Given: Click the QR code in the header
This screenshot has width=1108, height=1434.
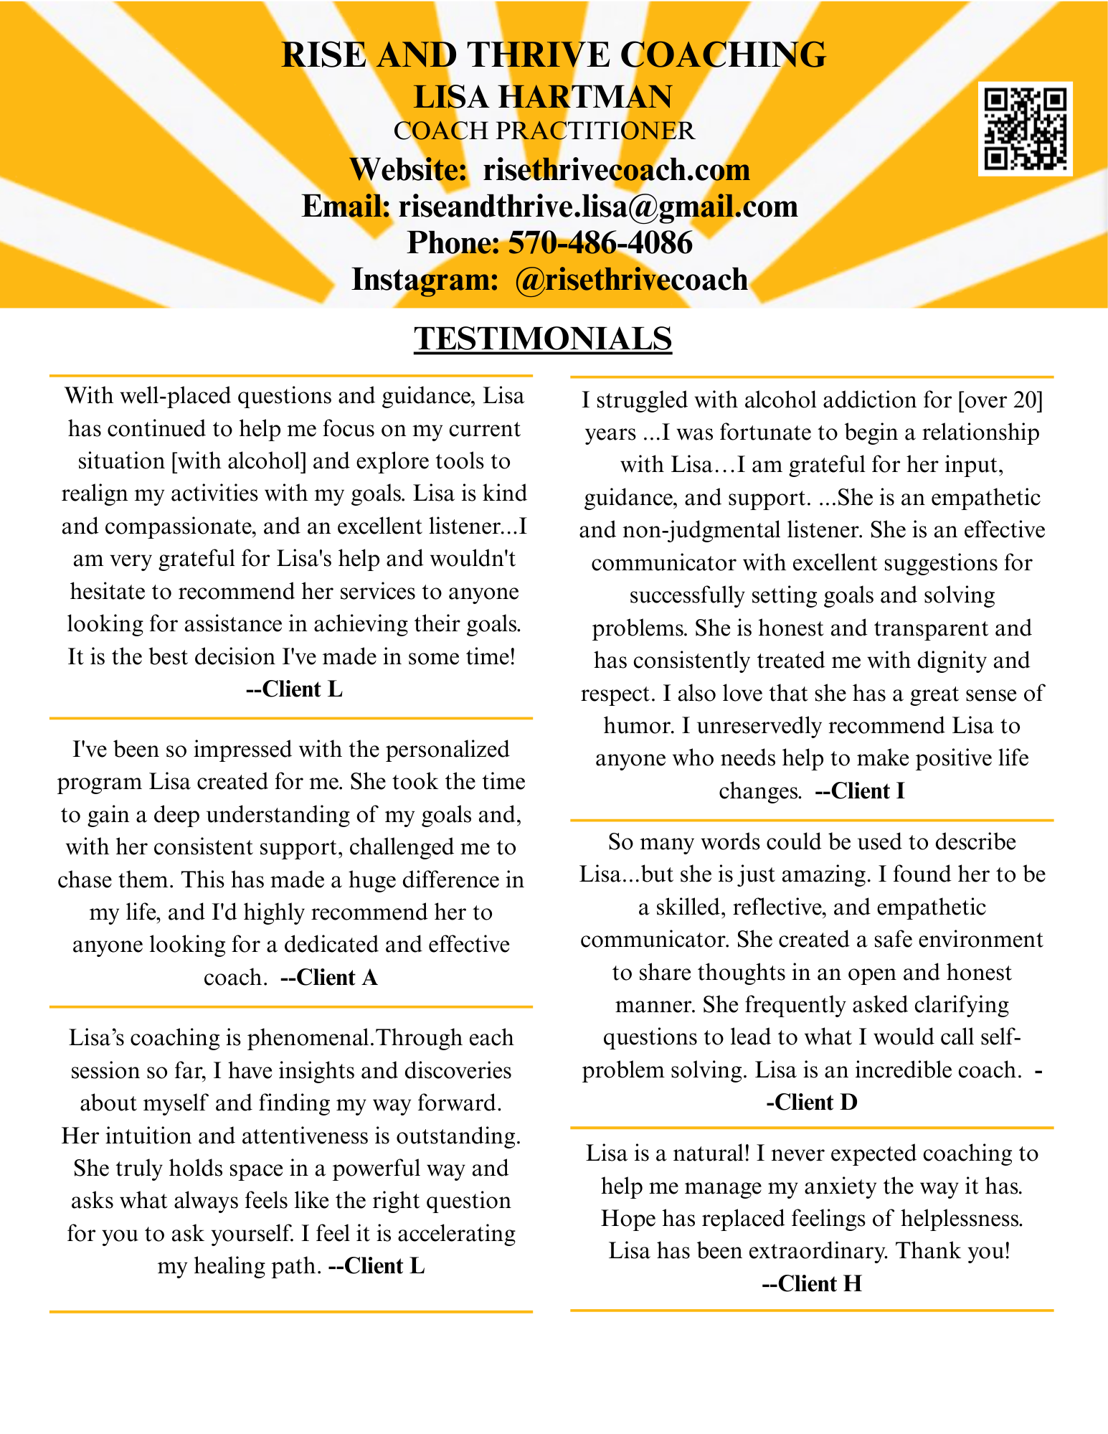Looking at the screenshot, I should (1025, 129).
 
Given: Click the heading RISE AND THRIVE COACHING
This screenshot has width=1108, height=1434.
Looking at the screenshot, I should (554, 55).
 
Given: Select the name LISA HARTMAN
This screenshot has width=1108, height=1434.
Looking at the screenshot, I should (544, 97).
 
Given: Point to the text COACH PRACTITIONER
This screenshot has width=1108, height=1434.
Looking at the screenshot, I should (544, 131).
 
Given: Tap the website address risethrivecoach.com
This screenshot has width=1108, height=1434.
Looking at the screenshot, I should (616, 170).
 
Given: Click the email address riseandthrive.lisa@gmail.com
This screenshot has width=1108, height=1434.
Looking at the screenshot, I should (598, 207).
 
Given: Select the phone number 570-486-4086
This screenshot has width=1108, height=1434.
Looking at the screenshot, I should (600, 243).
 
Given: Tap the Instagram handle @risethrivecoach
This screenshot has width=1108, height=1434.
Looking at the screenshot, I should (631, 280).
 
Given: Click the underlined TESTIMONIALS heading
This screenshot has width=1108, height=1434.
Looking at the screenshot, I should (543, 339).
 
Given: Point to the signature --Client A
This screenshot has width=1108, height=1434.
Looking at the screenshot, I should (328, 978).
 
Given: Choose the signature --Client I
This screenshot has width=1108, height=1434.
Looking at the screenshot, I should (860, 791).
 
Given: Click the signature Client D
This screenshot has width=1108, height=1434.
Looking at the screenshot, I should (817, 1102).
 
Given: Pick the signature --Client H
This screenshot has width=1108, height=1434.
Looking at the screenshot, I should (811, 1283).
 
